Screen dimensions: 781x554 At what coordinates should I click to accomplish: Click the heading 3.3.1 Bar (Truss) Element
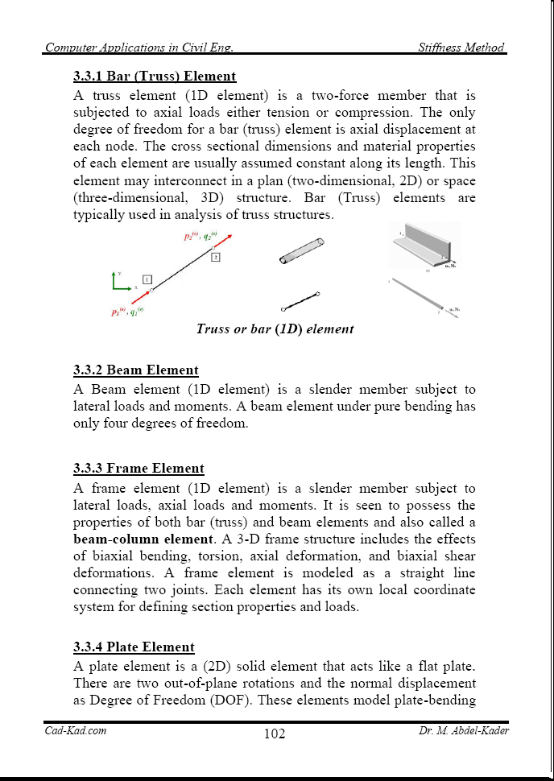[155, 76]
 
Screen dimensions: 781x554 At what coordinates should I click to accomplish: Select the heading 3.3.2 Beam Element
[136, 370]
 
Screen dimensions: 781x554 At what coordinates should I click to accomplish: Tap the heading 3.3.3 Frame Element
[138, 469]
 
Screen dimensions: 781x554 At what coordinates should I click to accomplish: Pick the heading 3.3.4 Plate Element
[134, 647]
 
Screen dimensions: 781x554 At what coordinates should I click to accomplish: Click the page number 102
[275, 733]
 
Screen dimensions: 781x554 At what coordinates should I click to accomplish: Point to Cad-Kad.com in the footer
[75, 731]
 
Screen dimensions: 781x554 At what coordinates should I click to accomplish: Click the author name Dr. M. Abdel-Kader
[464, 731]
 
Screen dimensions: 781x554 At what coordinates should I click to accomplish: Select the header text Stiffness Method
[461, 48]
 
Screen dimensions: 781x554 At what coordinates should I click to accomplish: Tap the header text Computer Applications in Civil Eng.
[139, 48]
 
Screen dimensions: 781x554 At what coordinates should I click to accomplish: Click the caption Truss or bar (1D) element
[275, 329]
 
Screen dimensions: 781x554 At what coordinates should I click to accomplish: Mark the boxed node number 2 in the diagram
[215, 257]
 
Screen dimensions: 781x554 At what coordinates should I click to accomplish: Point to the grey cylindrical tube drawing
[300, 250]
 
